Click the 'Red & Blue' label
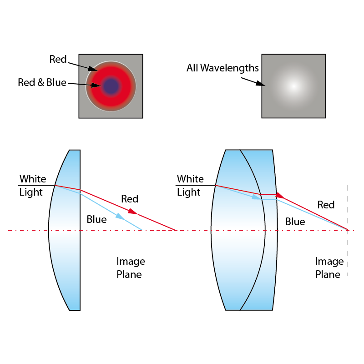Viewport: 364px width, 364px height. click(x=42, y=82)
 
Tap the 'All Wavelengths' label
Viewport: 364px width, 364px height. click(x=222, y=68)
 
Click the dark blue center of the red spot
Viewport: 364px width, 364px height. click(x=111, y=85)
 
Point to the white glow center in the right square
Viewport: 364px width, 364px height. click(x=293, y=86)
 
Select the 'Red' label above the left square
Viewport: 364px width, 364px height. click(x=58, y=59)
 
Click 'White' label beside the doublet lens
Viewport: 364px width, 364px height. click(x=190, y=178)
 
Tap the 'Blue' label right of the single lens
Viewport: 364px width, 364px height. click(x=96, y=220)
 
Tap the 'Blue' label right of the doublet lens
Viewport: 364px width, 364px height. click(x=295, y=222)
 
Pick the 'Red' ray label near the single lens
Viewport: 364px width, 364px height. click(x=130, y=199)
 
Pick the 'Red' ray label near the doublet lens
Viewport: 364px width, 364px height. click(x=326, y=205)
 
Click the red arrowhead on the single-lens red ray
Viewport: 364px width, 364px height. click(x=133, y=212)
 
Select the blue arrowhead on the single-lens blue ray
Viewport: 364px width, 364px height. click(x=120, y=217)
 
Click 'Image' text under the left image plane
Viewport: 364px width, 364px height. click(x=131, y=261)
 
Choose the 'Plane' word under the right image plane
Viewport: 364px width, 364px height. click(x=328, y=274)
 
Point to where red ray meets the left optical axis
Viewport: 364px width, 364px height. click(x=176, y=230)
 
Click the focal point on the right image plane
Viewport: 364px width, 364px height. click(x=348, y=230)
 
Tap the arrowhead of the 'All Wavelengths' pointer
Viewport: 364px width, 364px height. click(x=262, y=84)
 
